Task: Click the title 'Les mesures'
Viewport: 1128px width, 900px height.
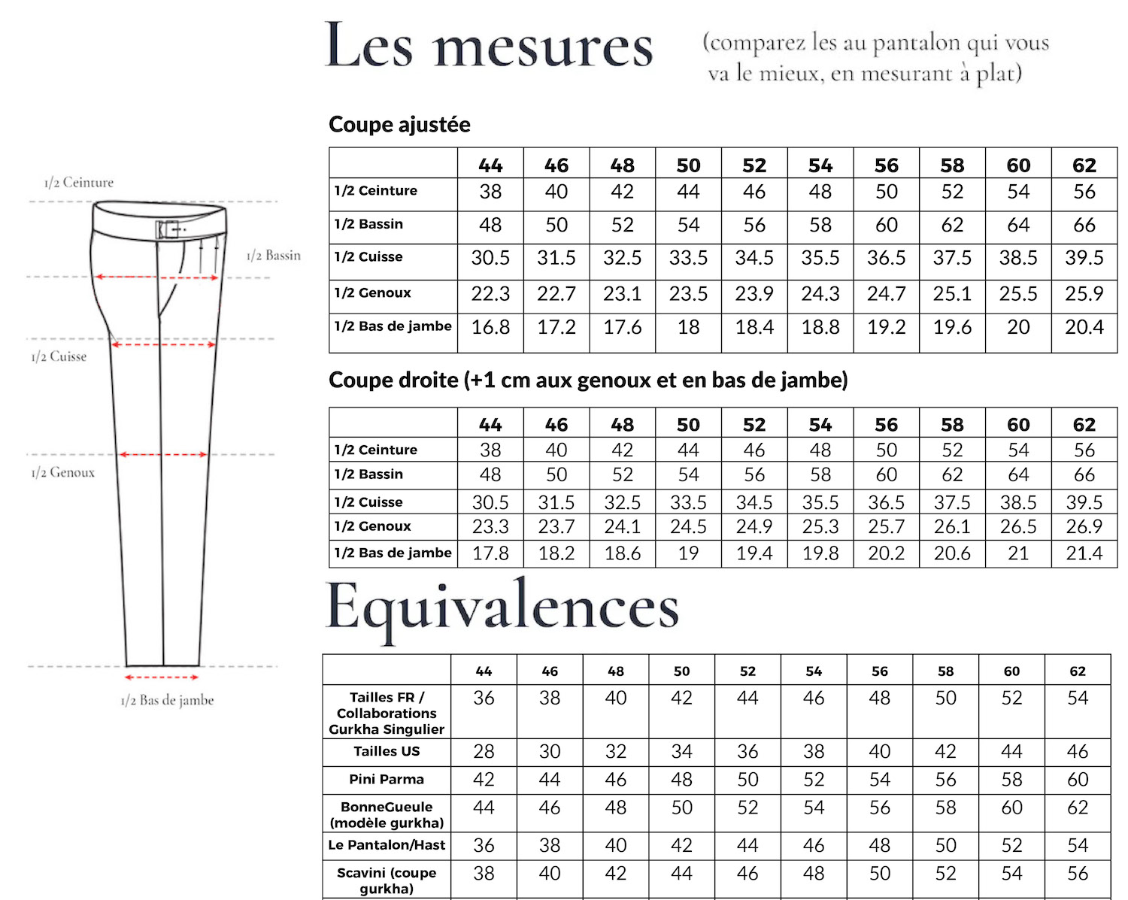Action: (x=489, y=47)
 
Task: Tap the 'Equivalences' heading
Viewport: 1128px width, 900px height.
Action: (x=502, y=608)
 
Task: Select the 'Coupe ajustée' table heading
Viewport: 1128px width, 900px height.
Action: (x=399, y=125)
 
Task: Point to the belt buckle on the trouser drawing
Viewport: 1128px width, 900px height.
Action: (x=169, y=229)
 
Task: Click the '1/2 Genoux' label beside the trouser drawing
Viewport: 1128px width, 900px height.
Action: (x=63, y=473)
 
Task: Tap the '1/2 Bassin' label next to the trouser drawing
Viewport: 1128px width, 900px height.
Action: (x=273, y=256)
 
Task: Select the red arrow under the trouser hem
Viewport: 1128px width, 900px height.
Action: (x=161, y=677)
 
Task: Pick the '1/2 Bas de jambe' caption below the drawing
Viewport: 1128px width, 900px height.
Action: (x=167, y=701)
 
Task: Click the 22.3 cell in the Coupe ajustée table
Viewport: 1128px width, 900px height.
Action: (x=490, y=294)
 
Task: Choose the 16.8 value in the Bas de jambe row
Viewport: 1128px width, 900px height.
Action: (x=490, y=328)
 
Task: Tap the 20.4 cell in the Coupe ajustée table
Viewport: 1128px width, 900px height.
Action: (x=1084, y=328)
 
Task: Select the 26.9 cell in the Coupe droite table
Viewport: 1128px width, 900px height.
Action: (x=1084, y=527)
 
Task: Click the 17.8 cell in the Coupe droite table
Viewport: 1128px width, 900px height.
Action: (x=490, y=554)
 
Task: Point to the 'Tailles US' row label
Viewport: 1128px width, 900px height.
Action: (x=387, y=751)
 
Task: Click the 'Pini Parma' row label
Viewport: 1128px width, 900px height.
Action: (x=387, y=780)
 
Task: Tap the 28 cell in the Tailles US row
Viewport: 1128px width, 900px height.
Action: (x=484, y=752)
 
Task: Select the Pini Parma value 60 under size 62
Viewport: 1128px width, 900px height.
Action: (x=1077, y=780)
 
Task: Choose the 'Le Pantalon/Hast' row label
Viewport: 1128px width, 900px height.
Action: (x=387, y=845)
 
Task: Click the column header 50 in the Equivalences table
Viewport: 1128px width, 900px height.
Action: (x=681, y=671)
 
